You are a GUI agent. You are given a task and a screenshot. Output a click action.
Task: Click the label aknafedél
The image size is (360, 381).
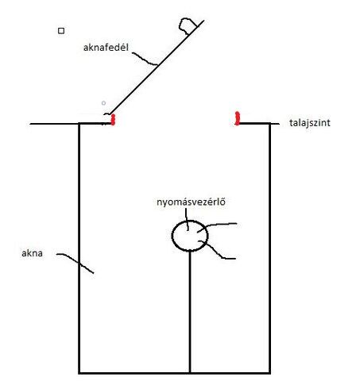[106, 48]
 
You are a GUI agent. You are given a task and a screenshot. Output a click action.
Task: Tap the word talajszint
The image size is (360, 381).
[310, 123]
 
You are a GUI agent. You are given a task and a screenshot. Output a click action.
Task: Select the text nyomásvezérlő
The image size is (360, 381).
[191, 202]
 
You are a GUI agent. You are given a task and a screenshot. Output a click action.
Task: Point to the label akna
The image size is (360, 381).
[32, 253]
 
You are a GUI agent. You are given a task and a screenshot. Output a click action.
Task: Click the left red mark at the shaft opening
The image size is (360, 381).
[113, 119]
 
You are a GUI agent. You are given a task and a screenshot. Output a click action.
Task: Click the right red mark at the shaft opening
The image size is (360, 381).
[238, 118]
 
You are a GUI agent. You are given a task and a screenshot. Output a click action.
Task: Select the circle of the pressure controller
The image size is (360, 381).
[172, 236]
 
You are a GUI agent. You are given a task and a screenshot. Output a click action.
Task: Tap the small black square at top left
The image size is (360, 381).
[61, 31]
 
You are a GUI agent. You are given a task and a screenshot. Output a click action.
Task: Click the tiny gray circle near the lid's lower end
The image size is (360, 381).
[103, 103]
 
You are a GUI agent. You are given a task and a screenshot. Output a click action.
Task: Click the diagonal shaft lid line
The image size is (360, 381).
[157, 67]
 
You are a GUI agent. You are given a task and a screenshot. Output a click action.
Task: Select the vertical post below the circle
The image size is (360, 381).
[190, 311]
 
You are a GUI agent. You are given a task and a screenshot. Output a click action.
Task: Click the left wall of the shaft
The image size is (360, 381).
[79, 248]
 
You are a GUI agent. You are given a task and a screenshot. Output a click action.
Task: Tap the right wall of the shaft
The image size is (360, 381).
[269, 248]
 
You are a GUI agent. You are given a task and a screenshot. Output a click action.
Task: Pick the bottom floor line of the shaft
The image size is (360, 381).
[174, 373]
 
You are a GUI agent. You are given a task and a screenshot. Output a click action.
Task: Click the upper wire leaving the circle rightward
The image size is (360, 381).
[216, 225]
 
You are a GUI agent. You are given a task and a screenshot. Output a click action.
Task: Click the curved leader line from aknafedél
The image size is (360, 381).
[145, 60]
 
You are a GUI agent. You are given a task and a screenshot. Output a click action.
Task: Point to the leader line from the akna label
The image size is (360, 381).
[75, 262]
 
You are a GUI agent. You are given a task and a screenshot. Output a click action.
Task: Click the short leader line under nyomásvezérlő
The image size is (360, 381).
[187, 219]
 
